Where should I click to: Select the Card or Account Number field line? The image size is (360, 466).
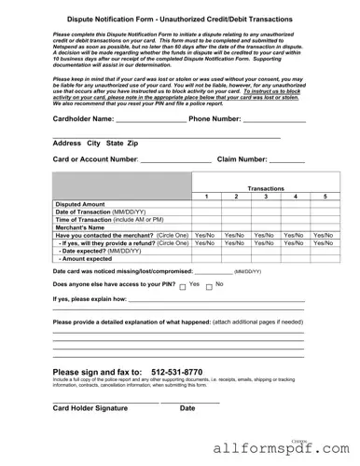tap(148, 164)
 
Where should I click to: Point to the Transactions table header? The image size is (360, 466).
tap(266, 188)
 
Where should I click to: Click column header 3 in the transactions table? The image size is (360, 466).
tap(266, 197)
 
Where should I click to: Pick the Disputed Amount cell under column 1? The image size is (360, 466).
tap(205, 204)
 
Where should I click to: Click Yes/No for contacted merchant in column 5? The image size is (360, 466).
tap(324, 236)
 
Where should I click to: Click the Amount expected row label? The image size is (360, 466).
tap(88, 258)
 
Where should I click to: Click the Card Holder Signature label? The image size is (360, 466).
tap(90, 408)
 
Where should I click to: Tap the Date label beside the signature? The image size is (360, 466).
tap(187, 408)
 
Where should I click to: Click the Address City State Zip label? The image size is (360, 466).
tap(95, 144)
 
